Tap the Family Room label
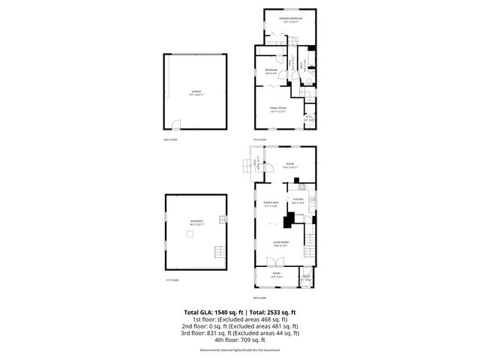tap(280, 108)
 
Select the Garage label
tap(195, 93)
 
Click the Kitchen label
tap(297, 199)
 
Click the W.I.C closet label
tap(309, 117)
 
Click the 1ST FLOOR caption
tap(172, 280)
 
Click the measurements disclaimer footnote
tap(240, 350)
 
